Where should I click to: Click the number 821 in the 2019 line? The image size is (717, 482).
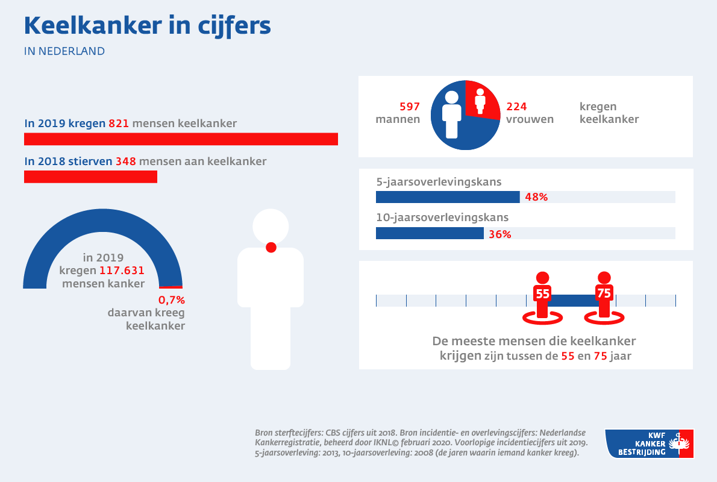pos(118,124)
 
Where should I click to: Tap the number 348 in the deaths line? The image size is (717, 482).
pos(126,162)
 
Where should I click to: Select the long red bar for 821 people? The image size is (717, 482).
pos(181,139)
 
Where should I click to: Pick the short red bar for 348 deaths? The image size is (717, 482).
pos(90,177)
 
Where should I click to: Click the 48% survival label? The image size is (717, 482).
pos(536,197)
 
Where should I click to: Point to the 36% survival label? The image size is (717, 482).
pos(499,234)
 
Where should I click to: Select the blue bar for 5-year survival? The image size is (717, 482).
pos(448,197)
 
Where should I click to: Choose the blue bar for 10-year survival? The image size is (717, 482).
pos(430,234)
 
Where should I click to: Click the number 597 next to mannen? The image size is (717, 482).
pos(409,107)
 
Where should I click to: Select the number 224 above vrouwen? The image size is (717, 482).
pos(516,107)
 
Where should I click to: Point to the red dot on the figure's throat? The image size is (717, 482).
pos(271,246)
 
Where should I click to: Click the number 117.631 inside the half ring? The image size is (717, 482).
pos(122,271)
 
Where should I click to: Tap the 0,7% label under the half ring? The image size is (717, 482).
pos(171,300)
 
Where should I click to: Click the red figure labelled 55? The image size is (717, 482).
pos(542,295)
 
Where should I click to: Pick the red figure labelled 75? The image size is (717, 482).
pos(604,295)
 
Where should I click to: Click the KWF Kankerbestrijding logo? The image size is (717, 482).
pos(649,443)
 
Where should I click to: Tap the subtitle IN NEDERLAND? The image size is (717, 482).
pos(64,51)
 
